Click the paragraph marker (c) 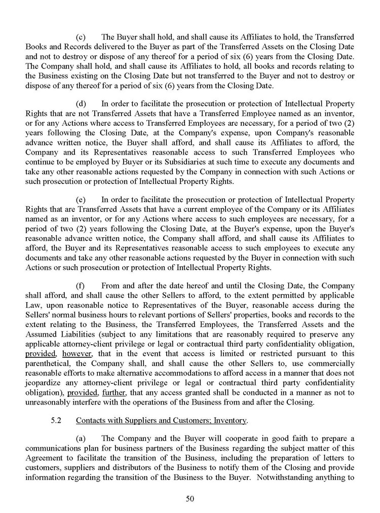81,38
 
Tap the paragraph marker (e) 81,200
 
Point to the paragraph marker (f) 80,285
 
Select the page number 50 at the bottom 190,499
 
